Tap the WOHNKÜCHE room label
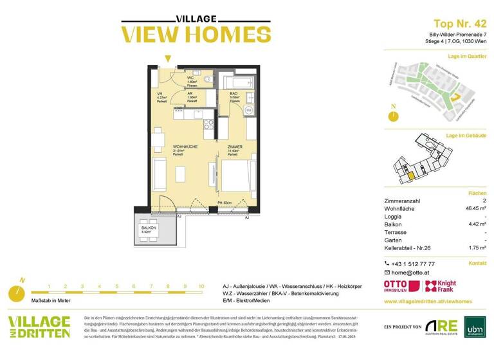pyautogui.click(x=185, y=147)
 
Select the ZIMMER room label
pyautogui.click(x=235, y=147)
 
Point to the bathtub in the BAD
pyautogui.click(x=239, y=82)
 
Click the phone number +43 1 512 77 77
pyautogui.click(x=413, y=264)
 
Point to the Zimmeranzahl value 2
pyautogui.click(x=484, y=201)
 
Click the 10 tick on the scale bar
pyautogui.click(x=202, y=286)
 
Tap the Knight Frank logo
pyautogui.click(x=441, y=286)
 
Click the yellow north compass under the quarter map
pyautogui.click(x=392, y=116)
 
